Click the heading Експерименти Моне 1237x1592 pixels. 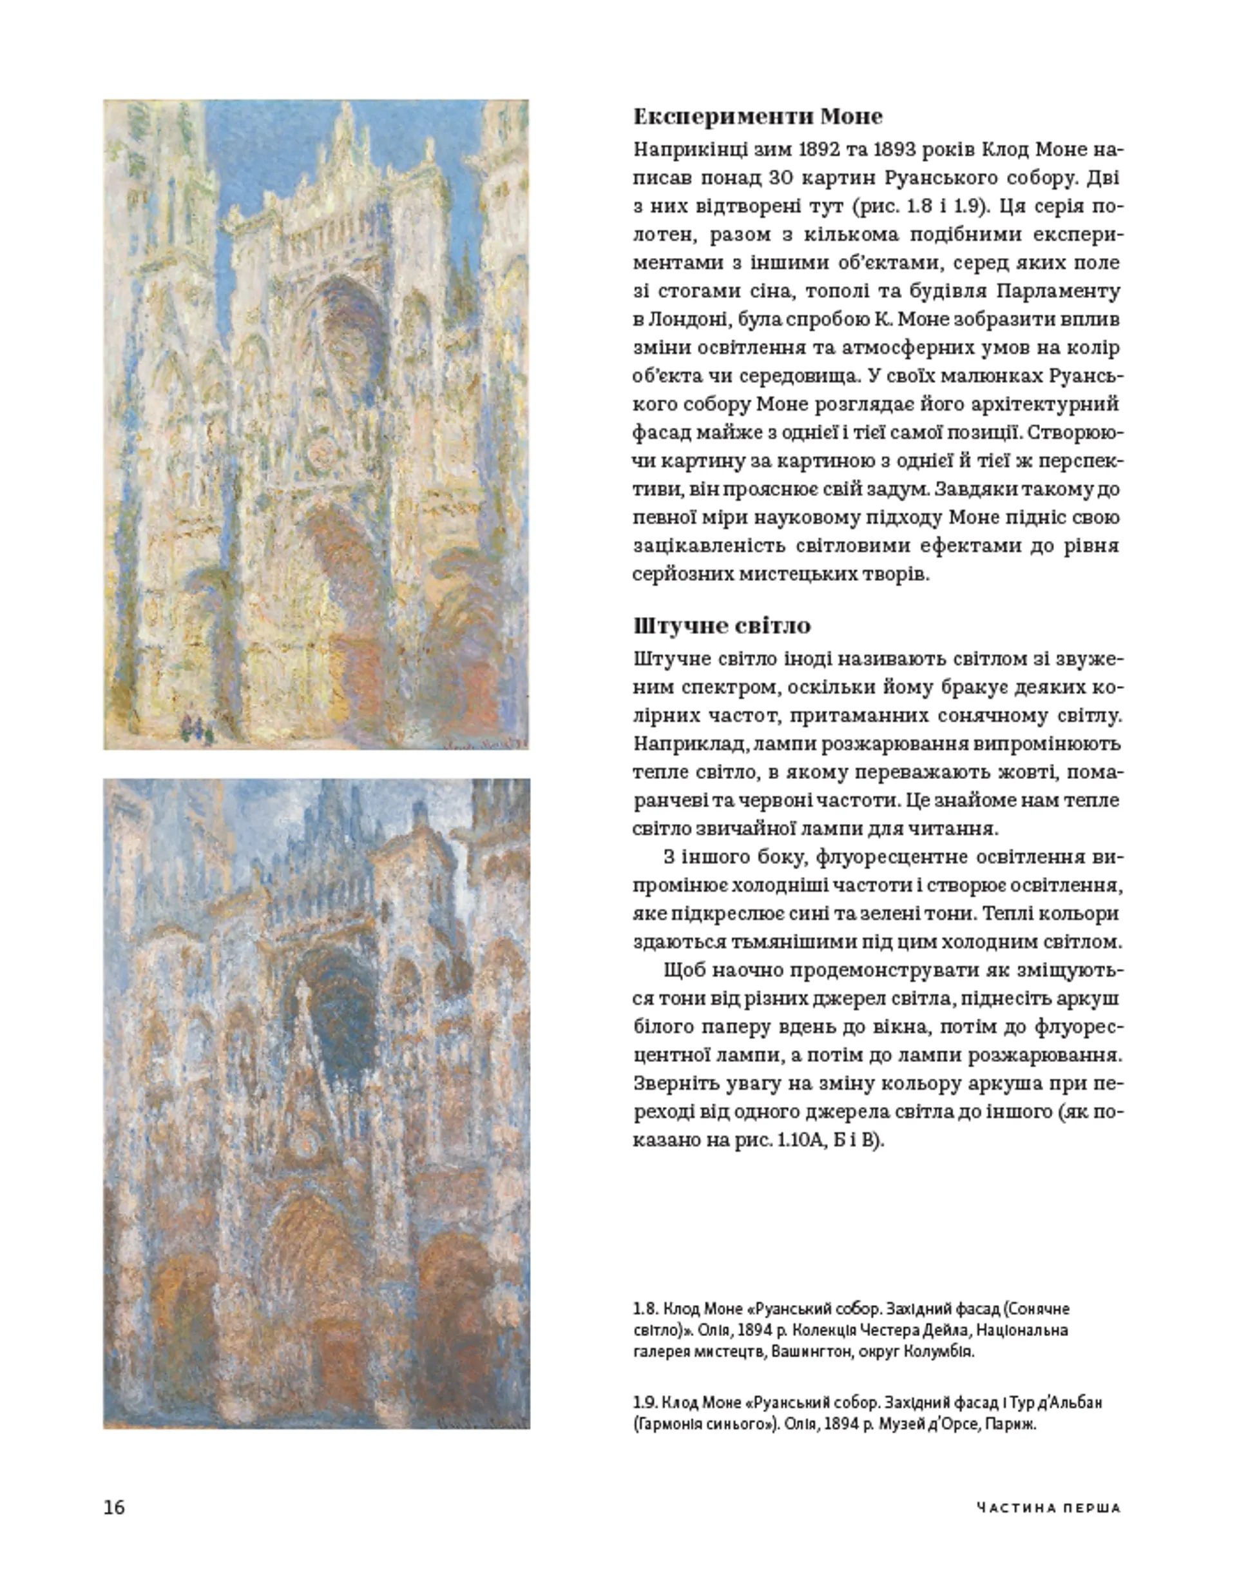(758, 117)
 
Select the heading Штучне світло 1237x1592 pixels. (721, 625)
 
